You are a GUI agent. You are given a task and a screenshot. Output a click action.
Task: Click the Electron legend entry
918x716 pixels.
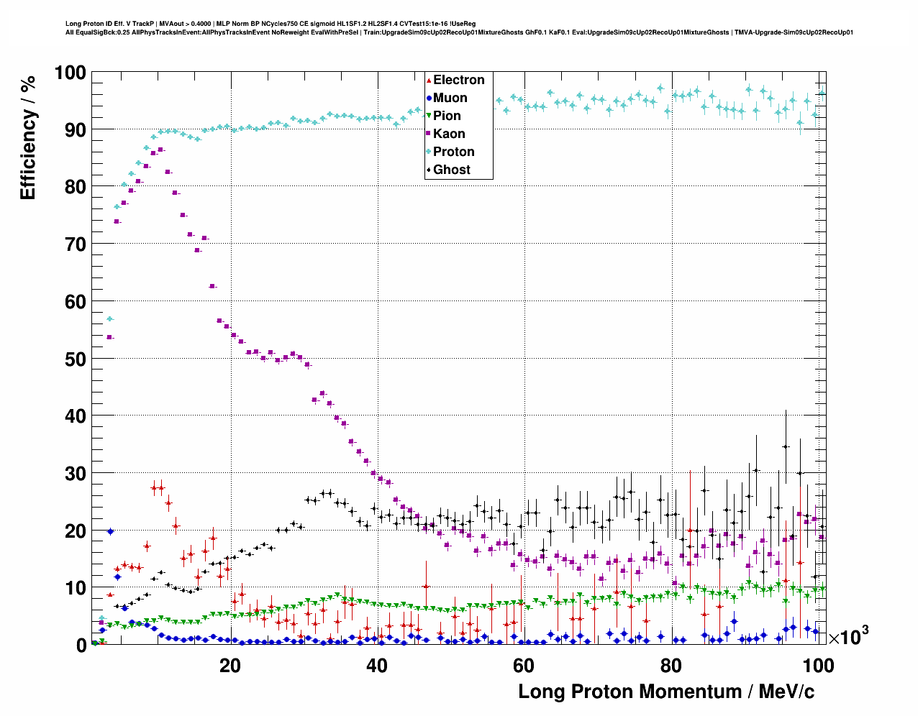point(458,80)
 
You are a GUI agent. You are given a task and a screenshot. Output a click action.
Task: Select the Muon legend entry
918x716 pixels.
point(450,98)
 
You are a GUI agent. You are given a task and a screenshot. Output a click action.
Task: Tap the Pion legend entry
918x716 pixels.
point(447,116)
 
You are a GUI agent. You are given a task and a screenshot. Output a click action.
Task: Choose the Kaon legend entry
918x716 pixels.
point(449,134)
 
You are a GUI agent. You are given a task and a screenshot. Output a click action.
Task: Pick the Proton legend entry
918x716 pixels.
point(453,152)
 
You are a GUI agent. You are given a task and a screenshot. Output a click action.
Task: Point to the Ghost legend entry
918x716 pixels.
point(451,170)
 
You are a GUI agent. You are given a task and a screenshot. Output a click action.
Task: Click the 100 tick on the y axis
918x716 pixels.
point(70,73)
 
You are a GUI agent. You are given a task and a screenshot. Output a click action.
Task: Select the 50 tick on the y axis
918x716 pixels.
point(76,359)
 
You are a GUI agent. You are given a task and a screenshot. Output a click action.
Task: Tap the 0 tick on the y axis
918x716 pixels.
point(81,646)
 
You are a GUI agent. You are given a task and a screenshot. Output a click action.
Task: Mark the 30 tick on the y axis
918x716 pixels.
point(76,474)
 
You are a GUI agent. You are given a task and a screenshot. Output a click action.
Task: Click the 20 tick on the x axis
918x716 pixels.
point(230,666)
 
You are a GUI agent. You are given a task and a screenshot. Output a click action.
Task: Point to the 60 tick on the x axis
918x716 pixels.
point(524,666)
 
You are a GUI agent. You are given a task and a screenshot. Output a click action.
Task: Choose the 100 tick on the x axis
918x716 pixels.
point(818,666)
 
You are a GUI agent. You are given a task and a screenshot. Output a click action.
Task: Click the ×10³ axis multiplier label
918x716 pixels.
point(848,636)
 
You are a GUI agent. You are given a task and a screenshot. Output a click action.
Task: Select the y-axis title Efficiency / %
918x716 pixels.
point(28,137)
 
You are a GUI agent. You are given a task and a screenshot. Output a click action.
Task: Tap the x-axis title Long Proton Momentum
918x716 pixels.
point(665,692)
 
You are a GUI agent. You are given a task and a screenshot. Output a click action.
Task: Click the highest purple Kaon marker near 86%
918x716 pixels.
point(160,150)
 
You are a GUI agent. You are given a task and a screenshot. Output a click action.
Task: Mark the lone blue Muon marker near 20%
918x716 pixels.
point(110,531)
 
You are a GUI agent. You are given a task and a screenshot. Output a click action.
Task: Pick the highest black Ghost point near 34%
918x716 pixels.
point(786,446)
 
